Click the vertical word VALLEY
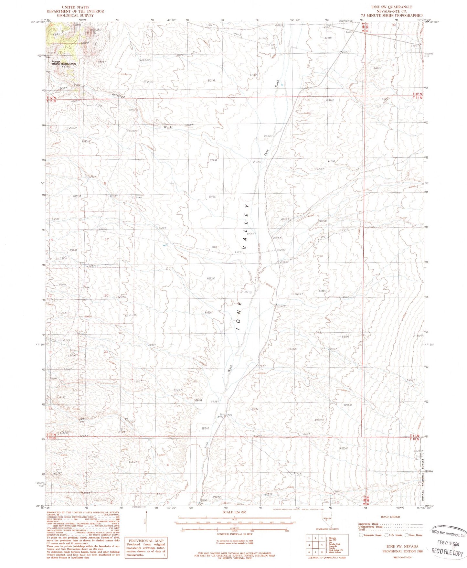tap(246, 226)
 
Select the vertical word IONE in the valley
tap(239, 316)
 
